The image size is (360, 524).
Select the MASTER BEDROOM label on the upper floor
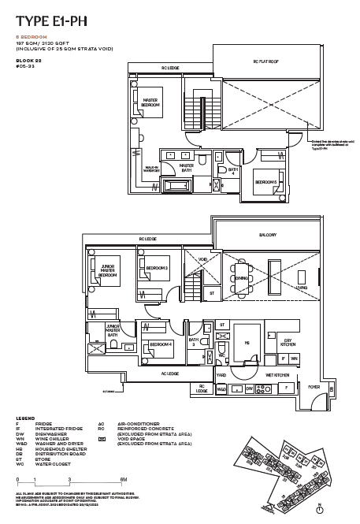click(x=150, y=102)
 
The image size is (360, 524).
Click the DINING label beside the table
click(x=242, y=277)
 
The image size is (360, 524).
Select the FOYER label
click(x=314, y=387)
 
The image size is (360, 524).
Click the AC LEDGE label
click(x=169, y=373)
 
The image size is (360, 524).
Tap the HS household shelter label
click(x=246, y=343)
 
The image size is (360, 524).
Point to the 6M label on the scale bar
click(x=124, y=479)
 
